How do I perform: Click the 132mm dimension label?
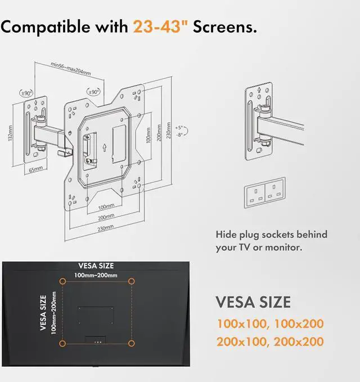(11, 133)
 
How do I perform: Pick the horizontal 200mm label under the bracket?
(106, 217)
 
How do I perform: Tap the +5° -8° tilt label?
(179, 131)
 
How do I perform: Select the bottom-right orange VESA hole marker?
(131, 342)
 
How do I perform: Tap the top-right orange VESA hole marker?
(131, 280)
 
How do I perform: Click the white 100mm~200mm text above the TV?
(96, 275)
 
